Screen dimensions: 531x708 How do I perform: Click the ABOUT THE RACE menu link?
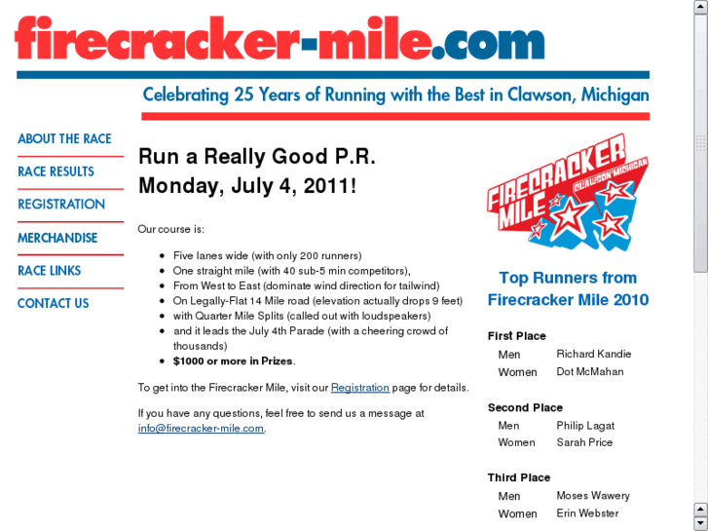coord(64,139)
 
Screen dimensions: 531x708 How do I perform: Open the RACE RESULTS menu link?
coord(56,171)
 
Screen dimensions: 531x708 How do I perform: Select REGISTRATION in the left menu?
coord(61,205)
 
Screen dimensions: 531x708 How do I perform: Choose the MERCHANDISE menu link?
coord(57,238)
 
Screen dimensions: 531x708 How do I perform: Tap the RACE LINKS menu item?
coord(49,271)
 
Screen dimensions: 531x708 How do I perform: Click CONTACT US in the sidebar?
coord(53,304)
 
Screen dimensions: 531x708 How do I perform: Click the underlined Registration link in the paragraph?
coord(360,388)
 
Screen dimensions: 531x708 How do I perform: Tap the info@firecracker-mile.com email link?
coord(201,428)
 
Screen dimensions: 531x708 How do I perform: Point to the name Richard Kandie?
coord(594,354)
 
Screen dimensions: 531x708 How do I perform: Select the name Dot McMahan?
coord(590,371)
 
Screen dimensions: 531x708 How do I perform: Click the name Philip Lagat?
coord(585,426)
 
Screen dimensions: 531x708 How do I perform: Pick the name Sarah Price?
coord(584,442)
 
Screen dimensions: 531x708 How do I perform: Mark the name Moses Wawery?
coord(593,496)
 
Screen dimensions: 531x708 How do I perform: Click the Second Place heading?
coord(525,408)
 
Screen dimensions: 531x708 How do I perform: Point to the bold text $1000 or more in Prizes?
coord(233,360)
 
